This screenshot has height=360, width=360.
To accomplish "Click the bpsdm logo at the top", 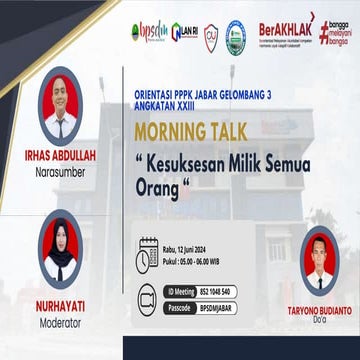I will (x=149, y=31).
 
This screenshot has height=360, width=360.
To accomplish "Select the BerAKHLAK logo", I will (x=286, y=30).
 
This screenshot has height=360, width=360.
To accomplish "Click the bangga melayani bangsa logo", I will (x=335, y=32).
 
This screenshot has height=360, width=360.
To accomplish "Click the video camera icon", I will (x=149, y=296).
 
